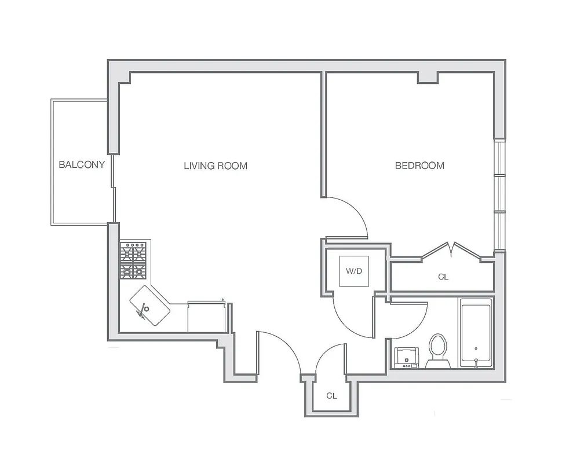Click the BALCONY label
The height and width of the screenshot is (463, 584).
(x=82, y=164)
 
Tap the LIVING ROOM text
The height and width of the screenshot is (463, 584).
(x=216, y=166)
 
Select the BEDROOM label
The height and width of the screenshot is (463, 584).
(x=419, y=166)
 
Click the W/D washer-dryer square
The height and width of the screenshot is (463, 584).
(x=354, y=271)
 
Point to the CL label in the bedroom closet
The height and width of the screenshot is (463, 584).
(x=443, y=277)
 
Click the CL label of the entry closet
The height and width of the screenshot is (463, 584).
(x=331, y=396)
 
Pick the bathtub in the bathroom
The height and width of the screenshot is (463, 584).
(x=476, y=333)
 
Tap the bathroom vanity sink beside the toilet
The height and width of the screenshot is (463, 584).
(x=406, y=357)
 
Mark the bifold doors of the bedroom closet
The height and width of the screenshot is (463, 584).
(x=451, y=249)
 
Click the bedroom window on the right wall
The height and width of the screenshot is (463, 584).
(x=499, y=194)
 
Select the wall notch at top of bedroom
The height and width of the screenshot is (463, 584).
(x=428, y=78)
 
